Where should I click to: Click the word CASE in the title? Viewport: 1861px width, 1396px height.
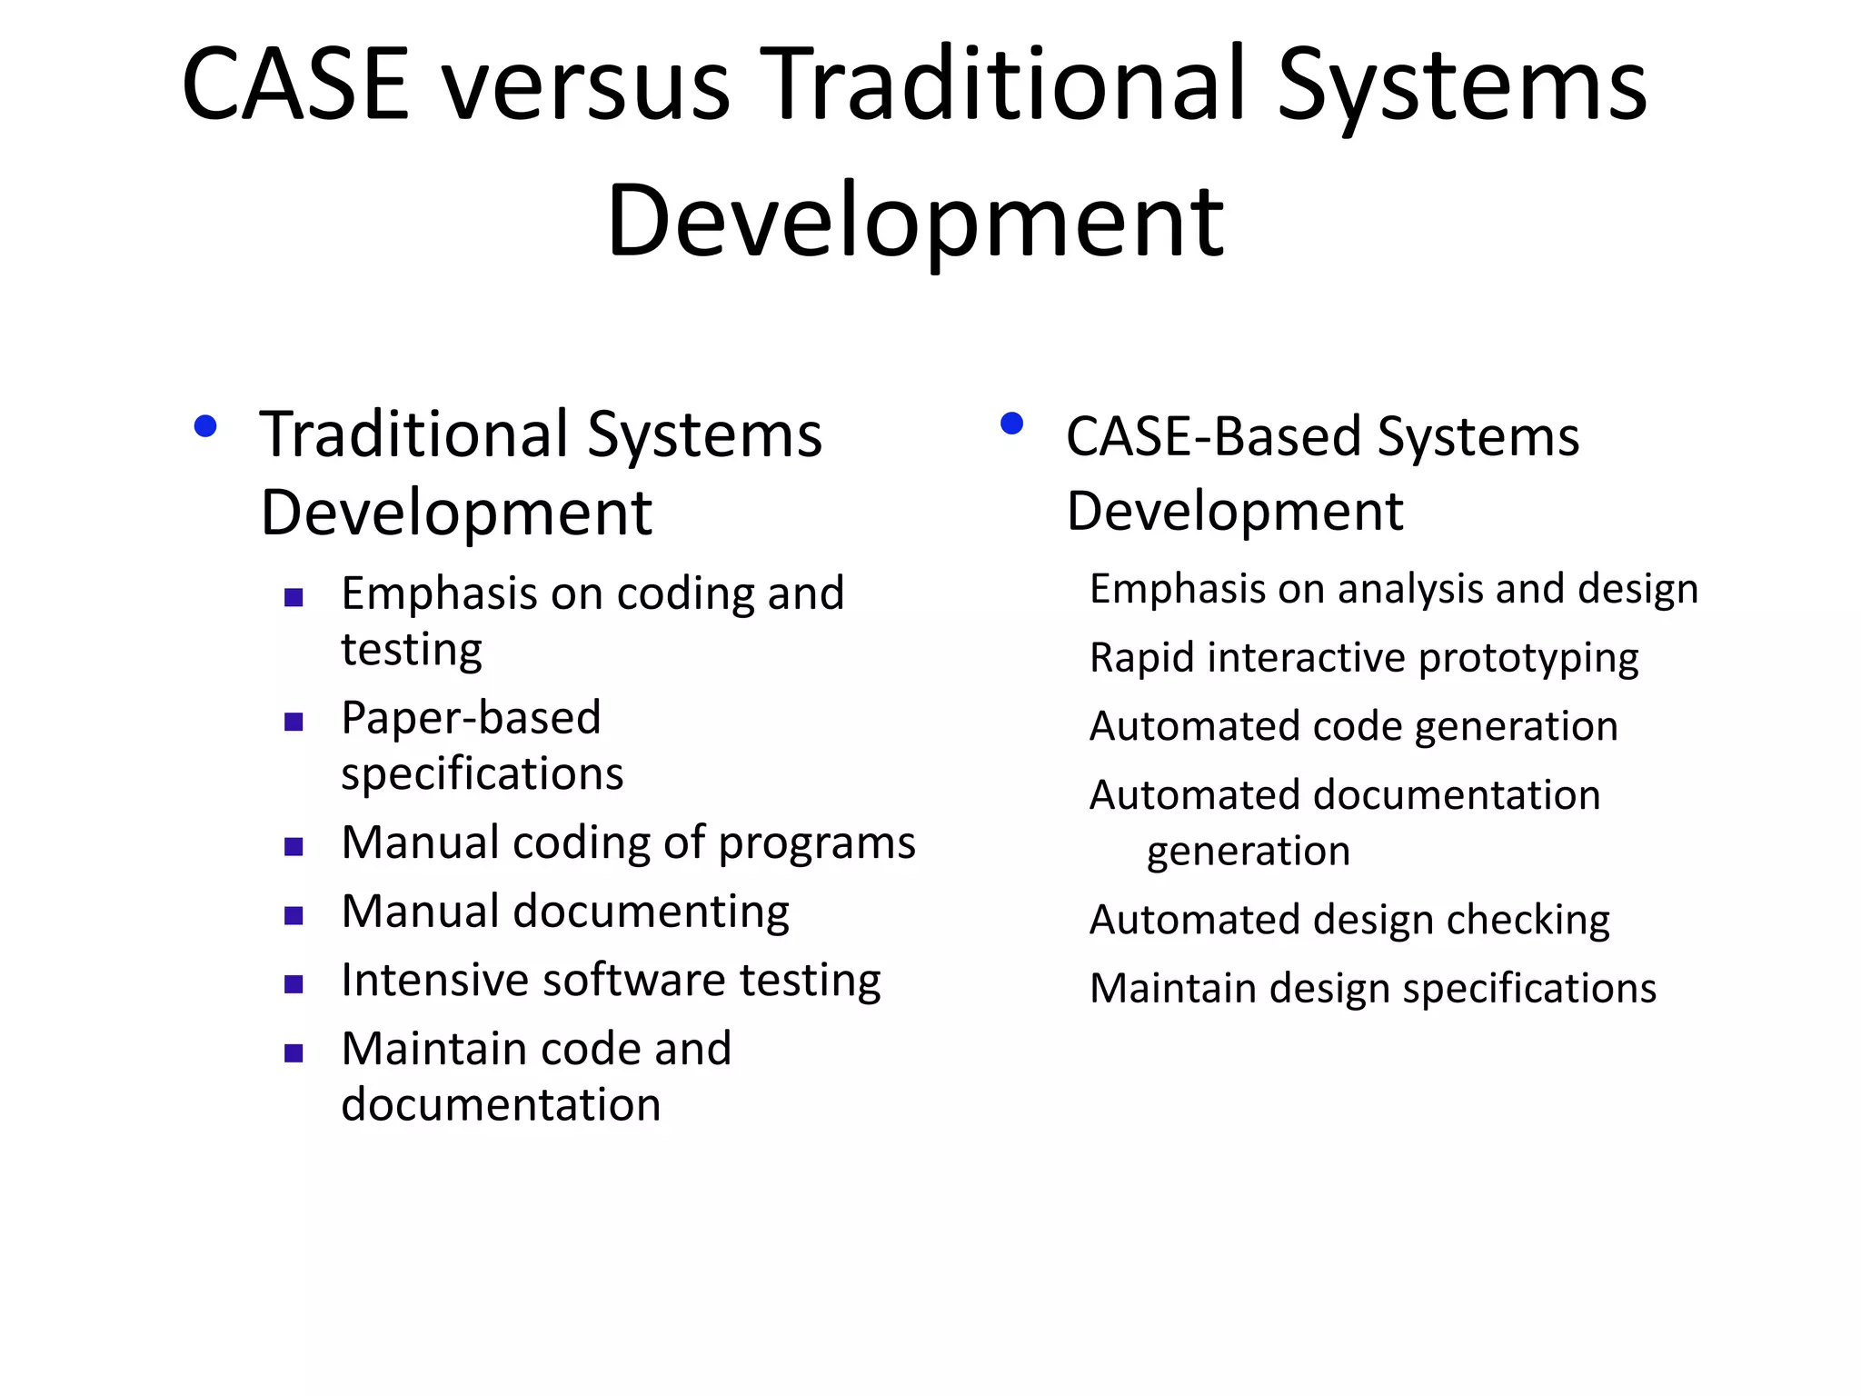(x=295, y=85)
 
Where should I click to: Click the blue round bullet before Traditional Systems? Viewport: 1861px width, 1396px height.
(x=205, y=426)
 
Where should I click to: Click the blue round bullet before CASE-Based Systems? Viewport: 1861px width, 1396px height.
(x=1011, y=424)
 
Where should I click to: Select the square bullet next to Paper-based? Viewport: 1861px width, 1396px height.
(x=294, y=723)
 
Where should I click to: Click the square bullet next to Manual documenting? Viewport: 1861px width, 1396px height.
(x=294, y=915)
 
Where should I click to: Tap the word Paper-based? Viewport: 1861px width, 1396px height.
(x=471, y=718)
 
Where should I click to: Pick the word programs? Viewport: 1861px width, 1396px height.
(x=817, y=843)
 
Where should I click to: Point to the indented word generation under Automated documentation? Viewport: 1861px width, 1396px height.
(x=1248, y=852)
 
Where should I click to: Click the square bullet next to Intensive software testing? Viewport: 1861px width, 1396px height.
(x=294, y=984)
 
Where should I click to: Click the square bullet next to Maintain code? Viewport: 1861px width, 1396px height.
(x=294, y=1053)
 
